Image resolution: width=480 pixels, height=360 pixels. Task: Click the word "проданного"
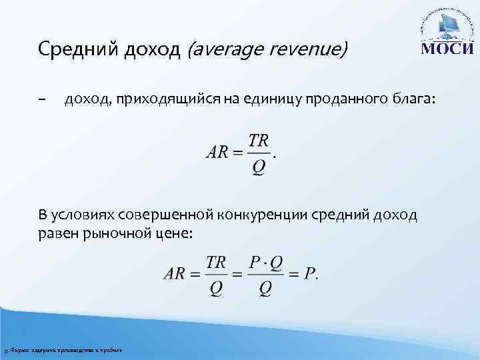click(x=333, y=100)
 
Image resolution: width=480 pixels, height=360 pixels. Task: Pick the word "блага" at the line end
click(x=414, y=100)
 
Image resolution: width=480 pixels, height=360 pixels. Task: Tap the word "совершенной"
click(x=168, y=215)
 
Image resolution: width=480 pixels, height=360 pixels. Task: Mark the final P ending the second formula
click(x=309, y=275)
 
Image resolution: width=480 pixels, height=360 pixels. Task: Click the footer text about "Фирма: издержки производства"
click(x=63, y=350)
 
